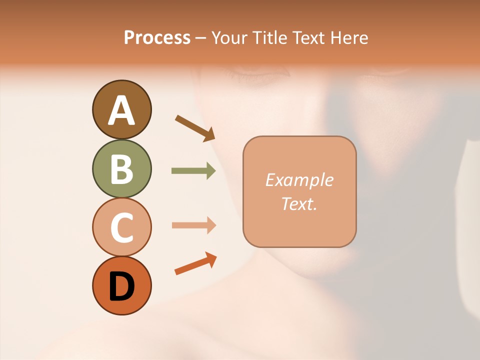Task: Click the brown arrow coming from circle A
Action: [x=195, y=127]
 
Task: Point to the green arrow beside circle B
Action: [x=193, y=171]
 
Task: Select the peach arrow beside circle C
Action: [x=193, y=225]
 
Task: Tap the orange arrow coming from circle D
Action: [x=195, y=264]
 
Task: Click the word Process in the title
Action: [x=157, y=37]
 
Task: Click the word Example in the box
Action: [x=299, y=180]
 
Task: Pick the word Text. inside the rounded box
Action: [x=299, y=203]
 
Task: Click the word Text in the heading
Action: [x=310, y=37]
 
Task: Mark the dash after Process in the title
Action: [x=200, y=38]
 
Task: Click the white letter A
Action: [x=121, y=110]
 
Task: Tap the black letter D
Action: [x=121, y=286]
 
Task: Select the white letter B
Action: [x=121, y=168]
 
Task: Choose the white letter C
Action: [x=121, y=227]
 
